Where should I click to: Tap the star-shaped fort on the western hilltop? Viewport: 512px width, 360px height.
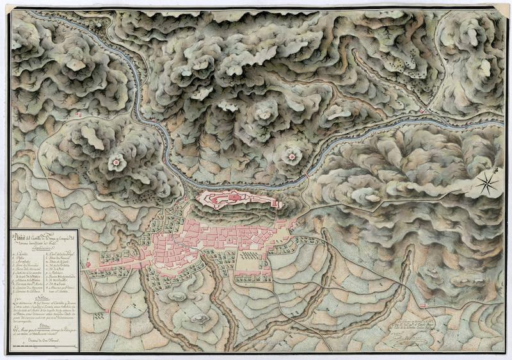(116, 163)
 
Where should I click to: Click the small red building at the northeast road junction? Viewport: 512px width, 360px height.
(422, 111)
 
